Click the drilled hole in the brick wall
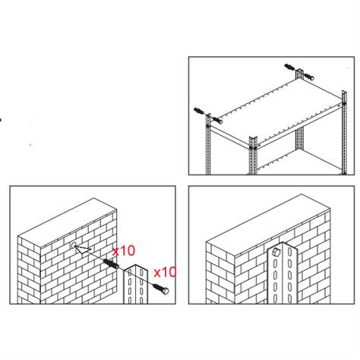(x=74, y=245)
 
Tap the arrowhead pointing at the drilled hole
(x=82, y=249)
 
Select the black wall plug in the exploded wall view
(x=111, y=264)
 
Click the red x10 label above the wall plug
(x=124, y=251)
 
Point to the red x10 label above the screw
(x=165, y=273)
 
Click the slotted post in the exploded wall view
(x=135, y=284)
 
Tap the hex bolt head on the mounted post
(x=276, y=252)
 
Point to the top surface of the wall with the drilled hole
(x=68, y=221)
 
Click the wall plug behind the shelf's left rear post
(x=199, y=111)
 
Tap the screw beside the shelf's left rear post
(x=217, y=120)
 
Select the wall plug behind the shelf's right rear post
(x=289, y=68)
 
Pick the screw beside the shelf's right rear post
(x=308, y=76)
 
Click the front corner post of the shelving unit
(x=253, y=156)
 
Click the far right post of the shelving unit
(x=344, y=132)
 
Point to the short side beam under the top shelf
(x=230, y=136)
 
